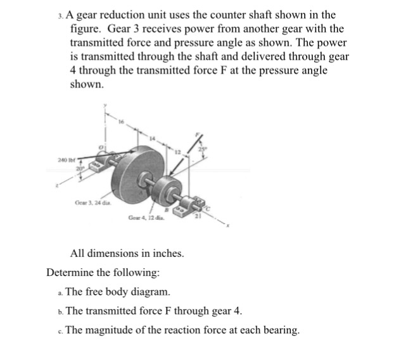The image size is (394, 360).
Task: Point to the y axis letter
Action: pyautogui.click(x=106, y=106)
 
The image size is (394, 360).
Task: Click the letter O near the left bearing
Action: pyautogui.click(x=99, y=147)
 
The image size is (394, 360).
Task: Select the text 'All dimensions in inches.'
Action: pyautogui.click(x=127, y=254)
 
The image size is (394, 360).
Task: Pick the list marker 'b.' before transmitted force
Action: pyautogui.click(x=59, y=311)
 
